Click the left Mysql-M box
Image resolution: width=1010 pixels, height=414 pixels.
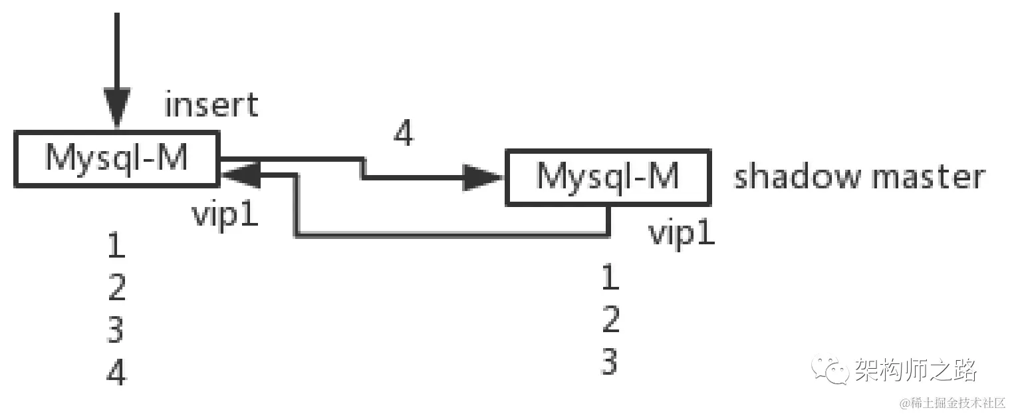pos(116,158)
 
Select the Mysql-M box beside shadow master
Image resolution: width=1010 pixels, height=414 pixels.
pos(608,177)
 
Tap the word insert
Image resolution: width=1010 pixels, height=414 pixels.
pos(211,106)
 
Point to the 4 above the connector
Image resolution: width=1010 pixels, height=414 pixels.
pos(403,134)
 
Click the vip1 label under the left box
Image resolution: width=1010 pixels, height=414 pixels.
pos(225,214)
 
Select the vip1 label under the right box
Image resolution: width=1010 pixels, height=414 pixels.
pos(682,234)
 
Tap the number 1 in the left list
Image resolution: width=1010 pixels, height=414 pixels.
pos(116,247)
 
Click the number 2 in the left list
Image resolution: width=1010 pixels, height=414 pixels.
pos(116,288)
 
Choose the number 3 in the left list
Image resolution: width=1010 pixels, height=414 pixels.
pos(116,330)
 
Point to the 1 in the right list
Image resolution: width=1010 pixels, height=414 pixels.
pos(610,278)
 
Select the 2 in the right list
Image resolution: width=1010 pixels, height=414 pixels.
pos(610,320)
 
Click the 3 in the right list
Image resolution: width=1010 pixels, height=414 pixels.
pos(610,363)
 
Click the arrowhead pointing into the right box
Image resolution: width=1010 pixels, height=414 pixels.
pos(483,178)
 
